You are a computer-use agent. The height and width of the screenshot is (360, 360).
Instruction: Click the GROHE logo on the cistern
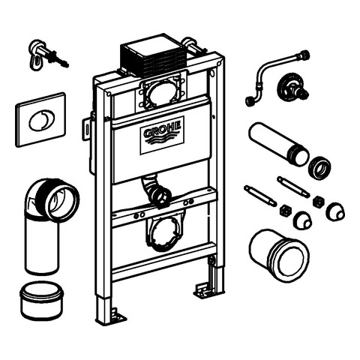pos(162,135)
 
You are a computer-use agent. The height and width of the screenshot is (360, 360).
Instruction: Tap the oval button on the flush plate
pos(40,120)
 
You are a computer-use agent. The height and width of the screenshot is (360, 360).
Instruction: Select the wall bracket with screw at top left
pos(48,55)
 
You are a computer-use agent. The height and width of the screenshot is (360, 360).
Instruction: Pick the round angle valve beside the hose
pos(292,89)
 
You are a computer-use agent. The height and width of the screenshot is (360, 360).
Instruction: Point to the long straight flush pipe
pos(279,143)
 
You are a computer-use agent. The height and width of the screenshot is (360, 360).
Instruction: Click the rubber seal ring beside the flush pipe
pos(320,167)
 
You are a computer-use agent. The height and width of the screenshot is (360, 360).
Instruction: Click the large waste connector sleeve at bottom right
pos(279,255)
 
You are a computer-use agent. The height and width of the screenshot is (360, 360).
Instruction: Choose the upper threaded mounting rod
pos(293,187)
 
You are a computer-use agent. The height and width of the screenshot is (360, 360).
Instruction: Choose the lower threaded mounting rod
pos(260,196)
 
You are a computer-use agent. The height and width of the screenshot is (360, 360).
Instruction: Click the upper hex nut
pos(318,201)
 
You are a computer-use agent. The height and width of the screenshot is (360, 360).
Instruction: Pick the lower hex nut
pos(285,210)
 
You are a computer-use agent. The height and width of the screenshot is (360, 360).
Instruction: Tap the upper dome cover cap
pos(335,211)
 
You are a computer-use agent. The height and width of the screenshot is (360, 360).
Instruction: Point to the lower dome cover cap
pos(303,220)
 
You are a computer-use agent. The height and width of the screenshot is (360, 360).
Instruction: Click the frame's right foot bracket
pos(203,290)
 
